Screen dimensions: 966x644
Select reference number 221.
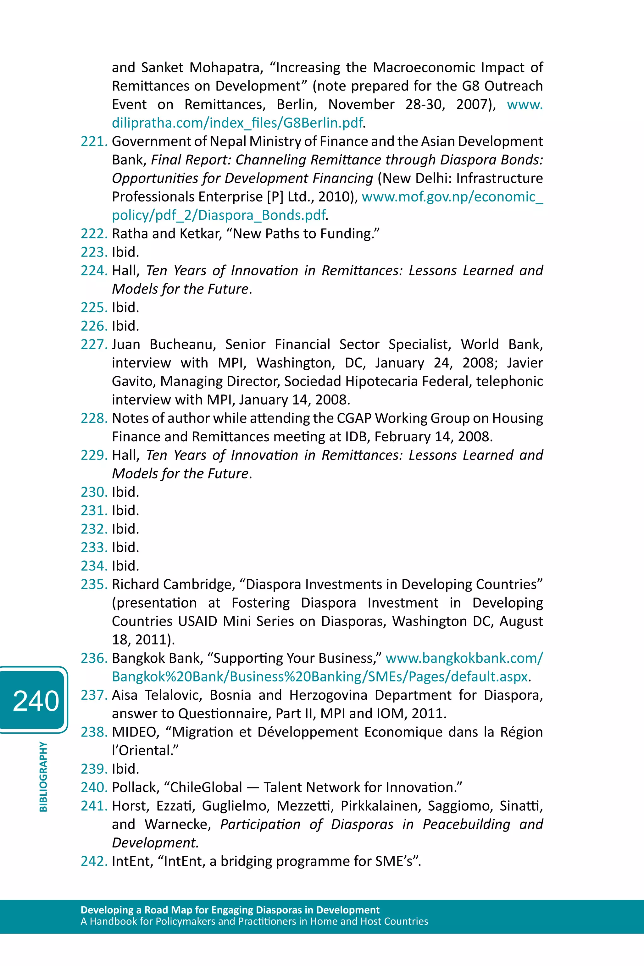click(x=94, y=141)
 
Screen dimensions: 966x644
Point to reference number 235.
click(x=94, y=584)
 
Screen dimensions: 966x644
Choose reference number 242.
click(x=94, y=861)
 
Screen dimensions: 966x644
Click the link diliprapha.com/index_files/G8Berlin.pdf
click(x=237, y=123)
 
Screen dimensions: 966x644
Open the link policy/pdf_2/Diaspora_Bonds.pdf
click(x=219, y=215)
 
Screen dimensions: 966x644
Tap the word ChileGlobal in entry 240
click(x=206, y=787)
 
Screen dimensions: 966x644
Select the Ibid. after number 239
click(x=125, y=769)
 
